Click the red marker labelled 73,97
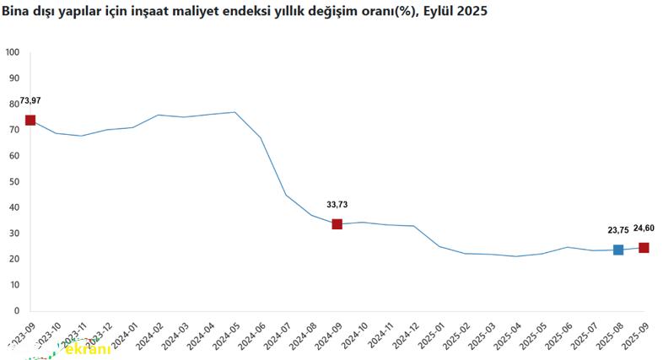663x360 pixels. pos(30,121)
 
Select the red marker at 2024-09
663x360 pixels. pos(337,224)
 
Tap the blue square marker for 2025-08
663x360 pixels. pos(618,250)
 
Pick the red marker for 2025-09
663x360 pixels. pos(644,248)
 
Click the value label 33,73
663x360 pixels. pos(337,204)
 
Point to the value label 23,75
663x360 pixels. pos(618,229)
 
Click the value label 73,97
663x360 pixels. pos(30,101)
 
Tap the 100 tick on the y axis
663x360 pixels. pos(12,52)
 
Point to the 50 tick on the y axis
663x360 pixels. pos(13,181)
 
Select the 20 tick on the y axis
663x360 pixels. pos(13,260)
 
